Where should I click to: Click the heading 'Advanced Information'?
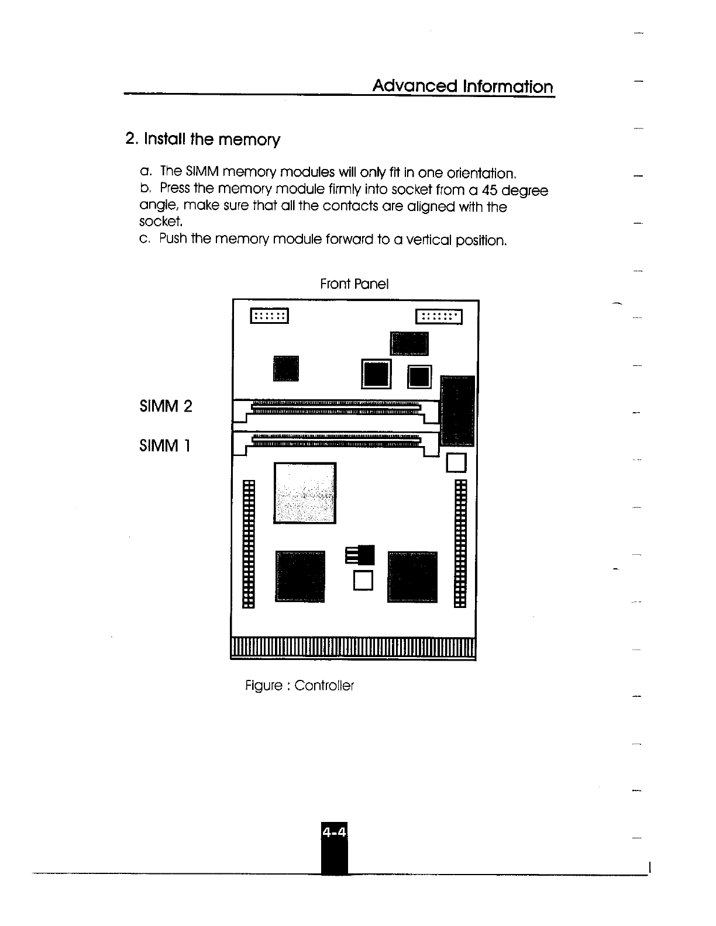[x=462, y=87]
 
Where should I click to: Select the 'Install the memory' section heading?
[x=203, y=140]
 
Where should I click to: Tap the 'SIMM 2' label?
[x=166, y=406]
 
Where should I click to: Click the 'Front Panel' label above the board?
[x=354, y=284]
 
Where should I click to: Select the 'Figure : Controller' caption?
[x=300, y=685]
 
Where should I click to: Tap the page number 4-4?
[x=334, y=831]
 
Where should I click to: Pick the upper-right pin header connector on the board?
[x=439, y=316]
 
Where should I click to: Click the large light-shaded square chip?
[x=305, y=493]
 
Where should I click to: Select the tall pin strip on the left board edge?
[x=249, y=544]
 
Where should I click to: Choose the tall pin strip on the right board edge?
[x=461, y=544]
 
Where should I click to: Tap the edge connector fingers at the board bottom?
[x=354, y=648]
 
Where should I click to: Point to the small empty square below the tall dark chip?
[x=456, y=462]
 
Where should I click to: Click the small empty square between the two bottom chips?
[x=363, y=580]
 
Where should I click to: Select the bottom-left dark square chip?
[x=301, y=575]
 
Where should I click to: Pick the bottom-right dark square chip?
[x=412, y=576]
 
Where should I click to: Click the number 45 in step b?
[x=484, y=191]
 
